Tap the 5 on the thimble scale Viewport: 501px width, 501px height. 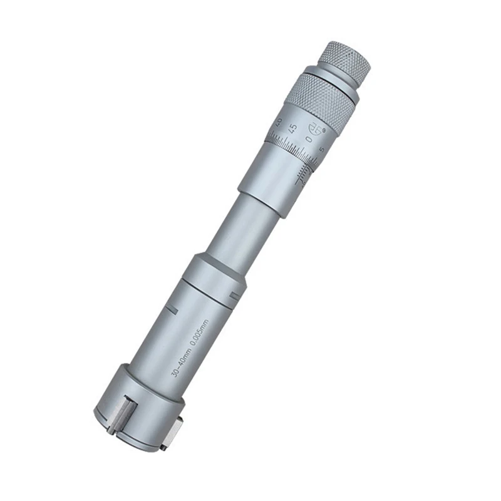click(x=321, y=149)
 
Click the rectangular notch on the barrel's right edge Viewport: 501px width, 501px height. click(x=235, y=294)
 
